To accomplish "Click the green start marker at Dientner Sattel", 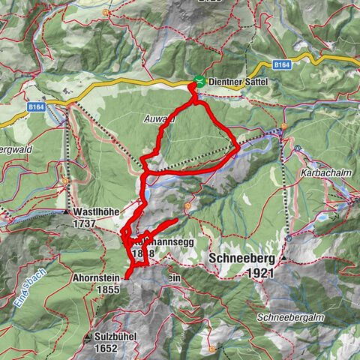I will (199, 81).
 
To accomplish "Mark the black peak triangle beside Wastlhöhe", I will (66, 212).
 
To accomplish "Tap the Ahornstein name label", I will (96, 278).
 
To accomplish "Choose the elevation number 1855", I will (108, 289).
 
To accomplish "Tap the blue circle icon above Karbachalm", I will (298, 148).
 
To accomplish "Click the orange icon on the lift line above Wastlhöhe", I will (66, 180).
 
